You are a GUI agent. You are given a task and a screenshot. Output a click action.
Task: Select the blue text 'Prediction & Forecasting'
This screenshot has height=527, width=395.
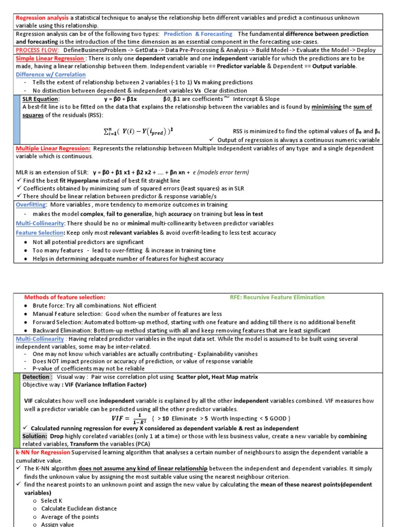tap(198, 34)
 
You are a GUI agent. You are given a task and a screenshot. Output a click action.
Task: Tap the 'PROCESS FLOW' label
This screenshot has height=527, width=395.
tap(37, 50)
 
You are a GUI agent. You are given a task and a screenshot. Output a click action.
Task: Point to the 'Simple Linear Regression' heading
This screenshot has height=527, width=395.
tap(50, 58)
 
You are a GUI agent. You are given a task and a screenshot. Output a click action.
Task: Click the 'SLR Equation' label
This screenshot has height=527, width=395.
tap(41, 99)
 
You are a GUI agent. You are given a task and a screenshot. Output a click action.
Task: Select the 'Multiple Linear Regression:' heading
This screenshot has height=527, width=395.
tap(53, 148)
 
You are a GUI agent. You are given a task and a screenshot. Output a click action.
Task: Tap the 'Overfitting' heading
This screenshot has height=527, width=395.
tap(31, 204)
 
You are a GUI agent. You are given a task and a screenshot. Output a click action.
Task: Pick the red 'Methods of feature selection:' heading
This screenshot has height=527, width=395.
tap(65, 297)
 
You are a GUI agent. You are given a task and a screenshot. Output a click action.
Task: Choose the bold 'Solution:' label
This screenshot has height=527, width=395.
tap(35, 436)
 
